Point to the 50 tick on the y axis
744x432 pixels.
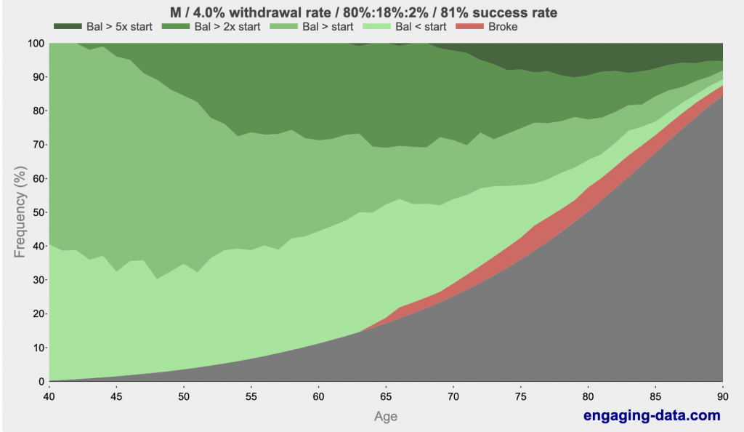click(x=36, y=212)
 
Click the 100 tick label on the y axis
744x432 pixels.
click(x=33, y=44)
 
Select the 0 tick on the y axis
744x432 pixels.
click(x=39, y=382)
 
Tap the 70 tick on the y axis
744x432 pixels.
click(x=36, y=145)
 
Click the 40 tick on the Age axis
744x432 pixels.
click(x=48, y=396)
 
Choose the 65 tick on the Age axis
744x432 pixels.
click(x=385, y=396)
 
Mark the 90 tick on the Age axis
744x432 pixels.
click(x=722, y=396)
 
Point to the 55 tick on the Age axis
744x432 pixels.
click(x=251, y=396)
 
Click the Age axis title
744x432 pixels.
click(x=385, y=417)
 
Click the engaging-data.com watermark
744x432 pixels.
click(x=652, y=416)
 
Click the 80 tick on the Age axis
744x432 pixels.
click(x=588, y=396)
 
